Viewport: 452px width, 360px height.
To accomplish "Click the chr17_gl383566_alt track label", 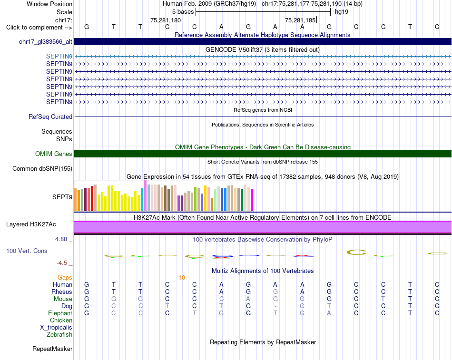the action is pyautogui.click(x=46, y=42).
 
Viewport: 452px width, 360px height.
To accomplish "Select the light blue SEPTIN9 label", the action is pyautogui.click(x=59, y=56).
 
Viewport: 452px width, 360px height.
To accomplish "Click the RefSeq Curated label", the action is pyautogui.click(x=50, y=117).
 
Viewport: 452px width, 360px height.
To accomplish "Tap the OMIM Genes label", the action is pyautogui.click(x=54, y=154).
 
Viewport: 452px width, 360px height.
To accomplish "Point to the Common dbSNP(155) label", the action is pyautogui.click(x=42, y=169).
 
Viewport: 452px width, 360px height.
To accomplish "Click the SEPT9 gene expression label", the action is pyautogui.click(x=62, y=197).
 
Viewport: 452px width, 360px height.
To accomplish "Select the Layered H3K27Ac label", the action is pyautogui.click(x=31, y=224).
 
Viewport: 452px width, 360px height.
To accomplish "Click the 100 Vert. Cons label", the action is pyautogui.click(x=27, y=251).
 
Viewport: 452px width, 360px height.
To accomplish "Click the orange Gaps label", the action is pyautogui.click(x=65, y=277).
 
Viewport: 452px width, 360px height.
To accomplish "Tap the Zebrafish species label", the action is pyautogui.click(x=59, y=335).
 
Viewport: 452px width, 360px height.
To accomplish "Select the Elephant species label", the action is pyautogui.click(x=60, y=313).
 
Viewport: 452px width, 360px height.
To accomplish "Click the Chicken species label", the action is pyautogui.click(x=61, y=320).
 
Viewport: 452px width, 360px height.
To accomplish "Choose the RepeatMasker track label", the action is pyautogui.click(x=52, y=349).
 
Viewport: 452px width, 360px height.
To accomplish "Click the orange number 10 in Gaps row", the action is pyautogui.click(x=182, y=278).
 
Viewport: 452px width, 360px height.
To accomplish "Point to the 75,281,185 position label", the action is pyautogui.click(x=300, y=20).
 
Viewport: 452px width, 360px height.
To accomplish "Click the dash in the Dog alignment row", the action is pyautogui.click(x=275, y=306).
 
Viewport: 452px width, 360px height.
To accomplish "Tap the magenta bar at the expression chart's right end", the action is pyautogui.click(x=252, y=200).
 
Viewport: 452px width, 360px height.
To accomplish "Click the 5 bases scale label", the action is pyautogui.click(x=183, y=12).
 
